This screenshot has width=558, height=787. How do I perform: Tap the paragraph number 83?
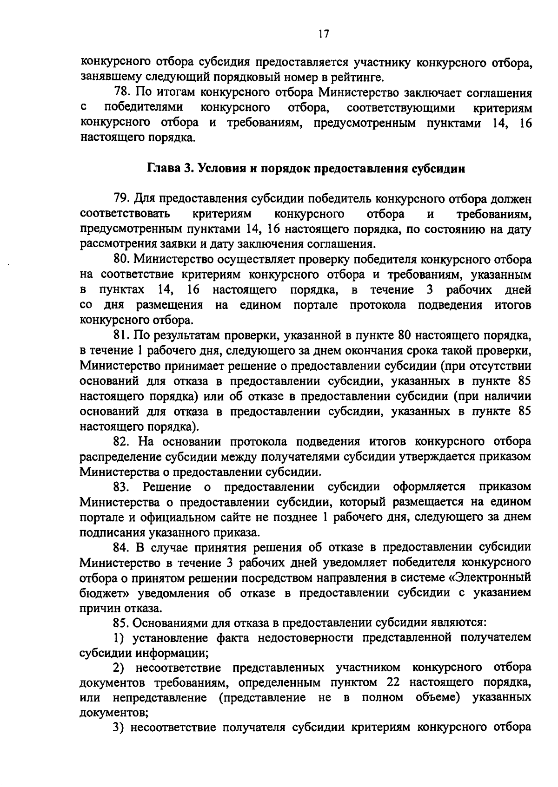click(123, 487)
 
